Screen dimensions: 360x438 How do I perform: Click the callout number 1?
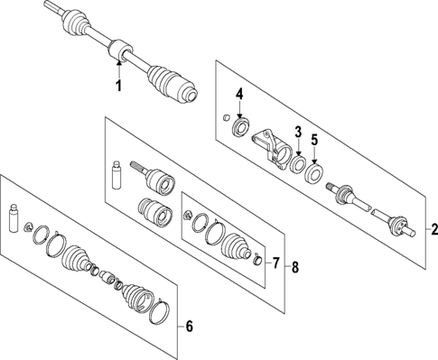(x=116, y=86)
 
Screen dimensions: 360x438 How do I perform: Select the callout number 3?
(x=298, y=133)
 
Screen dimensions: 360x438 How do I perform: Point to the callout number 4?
(x=240, y=94)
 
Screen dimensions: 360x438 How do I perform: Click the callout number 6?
(x=189, y=327)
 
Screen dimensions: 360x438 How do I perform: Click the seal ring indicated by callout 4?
(x=241, y=125)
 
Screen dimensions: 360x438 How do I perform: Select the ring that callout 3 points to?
(x=296, y=163)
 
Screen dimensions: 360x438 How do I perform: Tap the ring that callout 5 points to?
(x=314, y=171)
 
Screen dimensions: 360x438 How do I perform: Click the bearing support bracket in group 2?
(x=267, y=144)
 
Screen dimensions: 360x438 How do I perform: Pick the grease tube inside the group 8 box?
(x=116, y=174)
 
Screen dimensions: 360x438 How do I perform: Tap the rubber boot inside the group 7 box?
(x=237, y=245)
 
